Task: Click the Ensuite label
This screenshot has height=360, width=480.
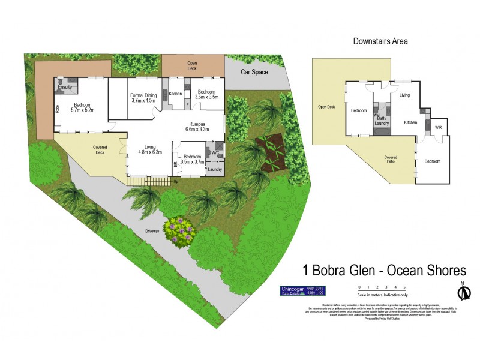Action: point(65,88)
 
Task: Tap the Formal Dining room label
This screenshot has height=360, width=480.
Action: point(143,98)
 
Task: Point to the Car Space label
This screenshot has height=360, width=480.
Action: point(254,72)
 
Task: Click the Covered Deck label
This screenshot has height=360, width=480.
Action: point(100,151)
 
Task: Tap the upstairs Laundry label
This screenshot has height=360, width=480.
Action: point(215,170)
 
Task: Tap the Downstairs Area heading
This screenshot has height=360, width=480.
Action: point(380,41)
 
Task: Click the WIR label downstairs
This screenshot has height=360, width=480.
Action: point(439,128)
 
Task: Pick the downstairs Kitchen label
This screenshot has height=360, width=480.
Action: point(410,122)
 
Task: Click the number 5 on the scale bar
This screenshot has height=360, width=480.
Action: point(404,287)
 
